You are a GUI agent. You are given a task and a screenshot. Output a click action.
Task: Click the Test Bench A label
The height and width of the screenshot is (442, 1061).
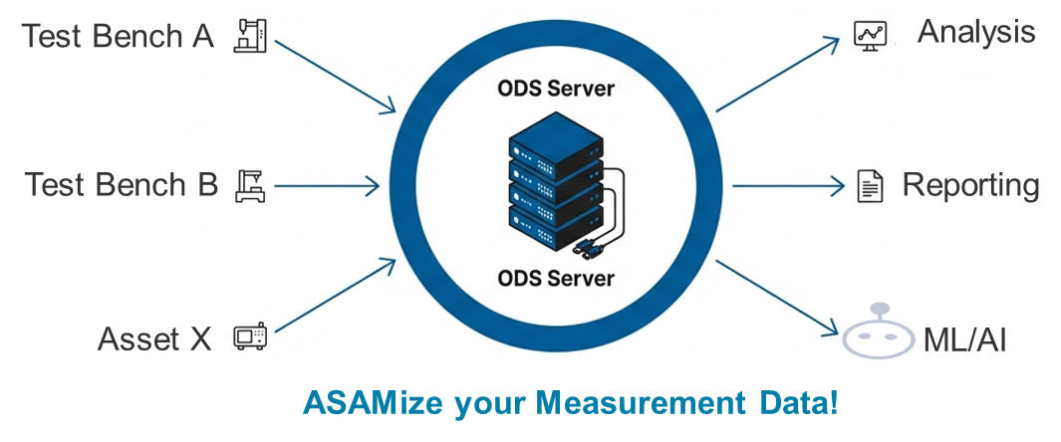(118, 37)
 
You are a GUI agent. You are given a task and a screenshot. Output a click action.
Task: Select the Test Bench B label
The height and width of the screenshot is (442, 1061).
(121, 185)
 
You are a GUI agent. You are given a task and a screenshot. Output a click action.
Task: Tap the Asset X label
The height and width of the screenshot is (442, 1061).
(154, 339)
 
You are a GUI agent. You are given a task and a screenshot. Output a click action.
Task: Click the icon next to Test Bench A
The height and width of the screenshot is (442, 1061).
(249, 35)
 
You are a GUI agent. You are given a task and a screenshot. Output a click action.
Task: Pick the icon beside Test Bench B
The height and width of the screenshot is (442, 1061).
(249, 185)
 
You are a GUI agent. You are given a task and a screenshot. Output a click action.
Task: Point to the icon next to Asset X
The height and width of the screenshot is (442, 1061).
(244, 338)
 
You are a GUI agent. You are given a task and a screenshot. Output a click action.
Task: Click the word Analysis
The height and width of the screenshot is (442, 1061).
(975, 32)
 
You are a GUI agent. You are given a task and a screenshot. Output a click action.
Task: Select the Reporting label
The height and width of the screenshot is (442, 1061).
(970, 185)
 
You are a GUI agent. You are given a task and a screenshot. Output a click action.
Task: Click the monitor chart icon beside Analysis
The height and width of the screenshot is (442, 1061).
(870, 35)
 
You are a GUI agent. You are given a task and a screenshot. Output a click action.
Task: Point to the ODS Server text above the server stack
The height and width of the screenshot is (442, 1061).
(556, 90)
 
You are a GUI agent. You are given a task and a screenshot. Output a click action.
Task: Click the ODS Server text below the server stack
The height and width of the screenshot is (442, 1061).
(556, 278)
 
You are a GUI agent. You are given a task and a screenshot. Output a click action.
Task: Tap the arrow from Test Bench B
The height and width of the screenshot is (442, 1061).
(326, 185)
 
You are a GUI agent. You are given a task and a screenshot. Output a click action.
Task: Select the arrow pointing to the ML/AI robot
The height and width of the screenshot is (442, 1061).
(777, 297)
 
